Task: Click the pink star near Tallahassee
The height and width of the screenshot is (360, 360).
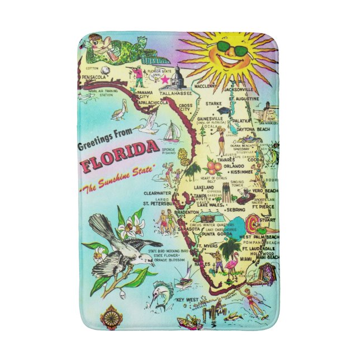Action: pyautogui.click(x=165, y=80)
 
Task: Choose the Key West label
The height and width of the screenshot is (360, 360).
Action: pyautogui.click(x=187, y=301)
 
